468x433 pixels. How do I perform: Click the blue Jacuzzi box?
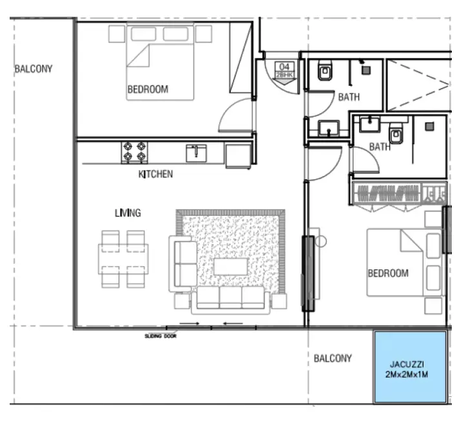[410, 367]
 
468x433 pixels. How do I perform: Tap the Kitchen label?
[155, 174]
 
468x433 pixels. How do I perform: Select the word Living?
[128, 213]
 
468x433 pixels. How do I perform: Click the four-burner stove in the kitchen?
[134, 153]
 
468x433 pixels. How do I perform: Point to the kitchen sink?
[196, 153]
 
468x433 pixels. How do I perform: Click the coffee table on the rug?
[231, 267]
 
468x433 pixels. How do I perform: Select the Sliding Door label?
[161, 336]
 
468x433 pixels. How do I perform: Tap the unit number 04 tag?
[284, 70]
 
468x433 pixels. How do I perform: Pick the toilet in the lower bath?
[396, 133]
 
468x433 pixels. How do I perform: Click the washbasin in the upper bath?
[329, 128]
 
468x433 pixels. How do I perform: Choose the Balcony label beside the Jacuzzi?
[333, 358]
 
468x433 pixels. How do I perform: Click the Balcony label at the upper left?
[34, 69]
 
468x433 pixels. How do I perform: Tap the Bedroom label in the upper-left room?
[148, 89]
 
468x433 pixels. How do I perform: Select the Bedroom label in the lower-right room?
[388, 273]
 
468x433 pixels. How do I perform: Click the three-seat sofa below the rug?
[230, 300]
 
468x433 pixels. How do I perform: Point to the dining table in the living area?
[123, 259]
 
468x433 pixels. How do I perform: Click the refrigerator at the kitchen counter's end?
[238, 156]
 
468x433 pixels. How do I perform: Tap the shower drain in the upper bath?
[366, 70]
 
